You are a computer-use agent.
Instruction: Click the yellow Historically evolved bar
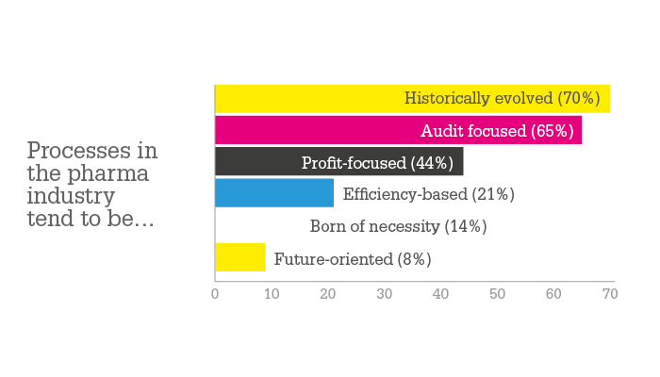pyautogui.click(x=413, y=99)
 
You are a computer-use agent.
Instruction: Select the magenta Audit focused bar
pyautogui.click(x=399, y=130)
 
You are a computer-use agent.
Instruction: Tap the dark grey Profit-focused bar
pyautogui.click(x=339, y=161)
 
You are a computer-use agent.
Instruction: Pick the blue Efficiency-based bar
pyautogui.click(x=274, y=192)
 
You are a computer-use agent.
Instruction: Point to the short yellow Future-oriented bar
pyautogui.click(x=240, y=257)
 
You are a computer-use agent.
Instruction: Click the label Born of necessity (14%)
pyautogui.click(x=398, y=226)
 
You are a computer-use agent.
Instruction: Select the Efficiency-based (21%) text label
pyautogui.click(x=428, y=194)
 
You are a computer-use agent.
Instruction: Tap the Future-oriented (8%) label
pyautogui.click(x=353, y=259)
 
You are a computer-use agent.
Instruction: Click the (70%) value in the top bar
pyautogui.click(x=579, y=98)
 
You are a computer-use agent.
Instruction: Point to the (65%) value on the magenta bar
pyautogui.click(x=553, y=131)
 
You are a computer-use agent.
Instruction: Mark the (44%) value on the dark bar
pyautogui.click(x=432, y=163)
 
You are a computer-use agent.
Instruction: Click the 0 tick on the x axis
pyautogui.click(x=215, y=294)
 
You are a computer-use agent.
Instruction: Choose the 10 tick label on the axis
pyautogui.click(x=272, y=294)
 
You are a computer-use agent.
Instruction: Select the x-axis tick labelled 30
pyautogui.click(x=385, y=294)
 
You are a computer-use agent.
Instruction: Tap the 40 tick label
pyautogui.click(x=440, y=294)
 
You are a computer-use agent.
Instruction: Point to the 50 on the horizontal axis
pyautogui.click(x=497, y=294)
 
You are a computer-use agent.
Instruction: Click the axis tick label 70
pyautogui.click(x=610, y=294)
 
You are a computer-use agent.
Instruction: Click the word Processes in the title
pyautogui.click(x=78, y=150)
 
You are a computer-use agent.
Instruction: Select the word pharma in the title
pyautogui.click(x=108, y=174)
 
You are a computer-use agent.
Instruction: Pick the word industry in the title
pyautogui.click(x=71, y=196)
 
